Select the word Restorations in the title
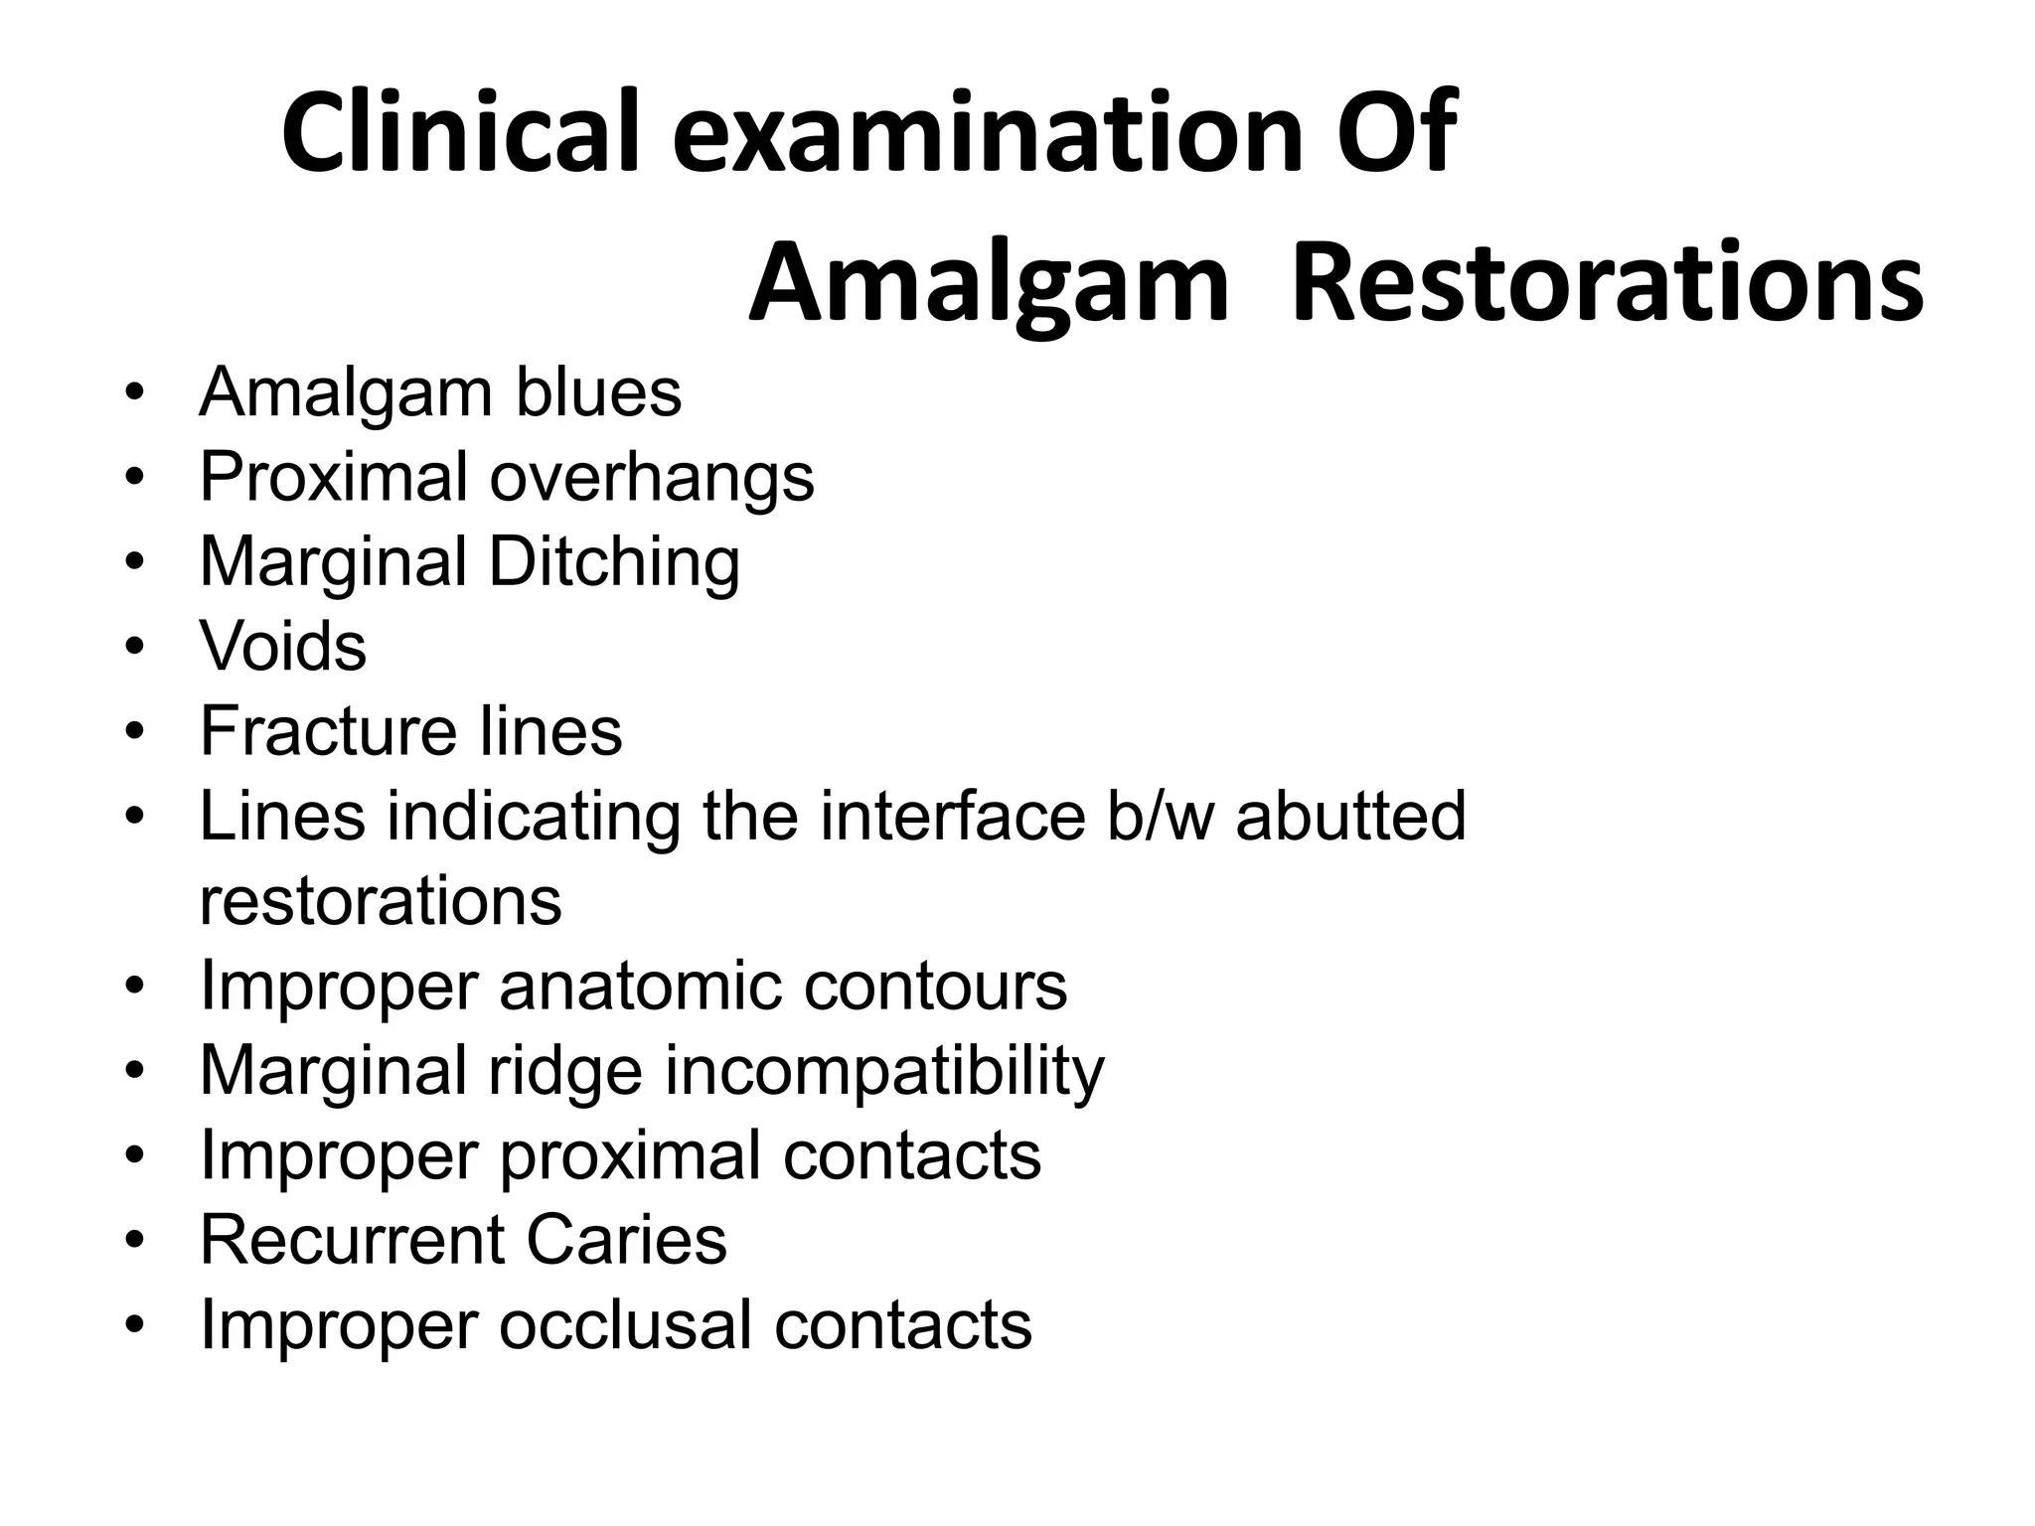click(1607, 283)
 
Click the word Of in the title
click(1395, 133)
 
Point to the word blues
click(598, 392)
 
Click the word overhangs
click(651, 478)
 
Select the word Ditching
click(614, 563)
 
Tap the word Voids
click(283, 647)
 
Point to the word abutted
click(1350, 816)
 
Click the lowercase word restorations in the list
click(381, 901)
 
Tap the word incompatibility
click(884, 1072)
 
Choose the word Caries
click(626, 1240)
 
